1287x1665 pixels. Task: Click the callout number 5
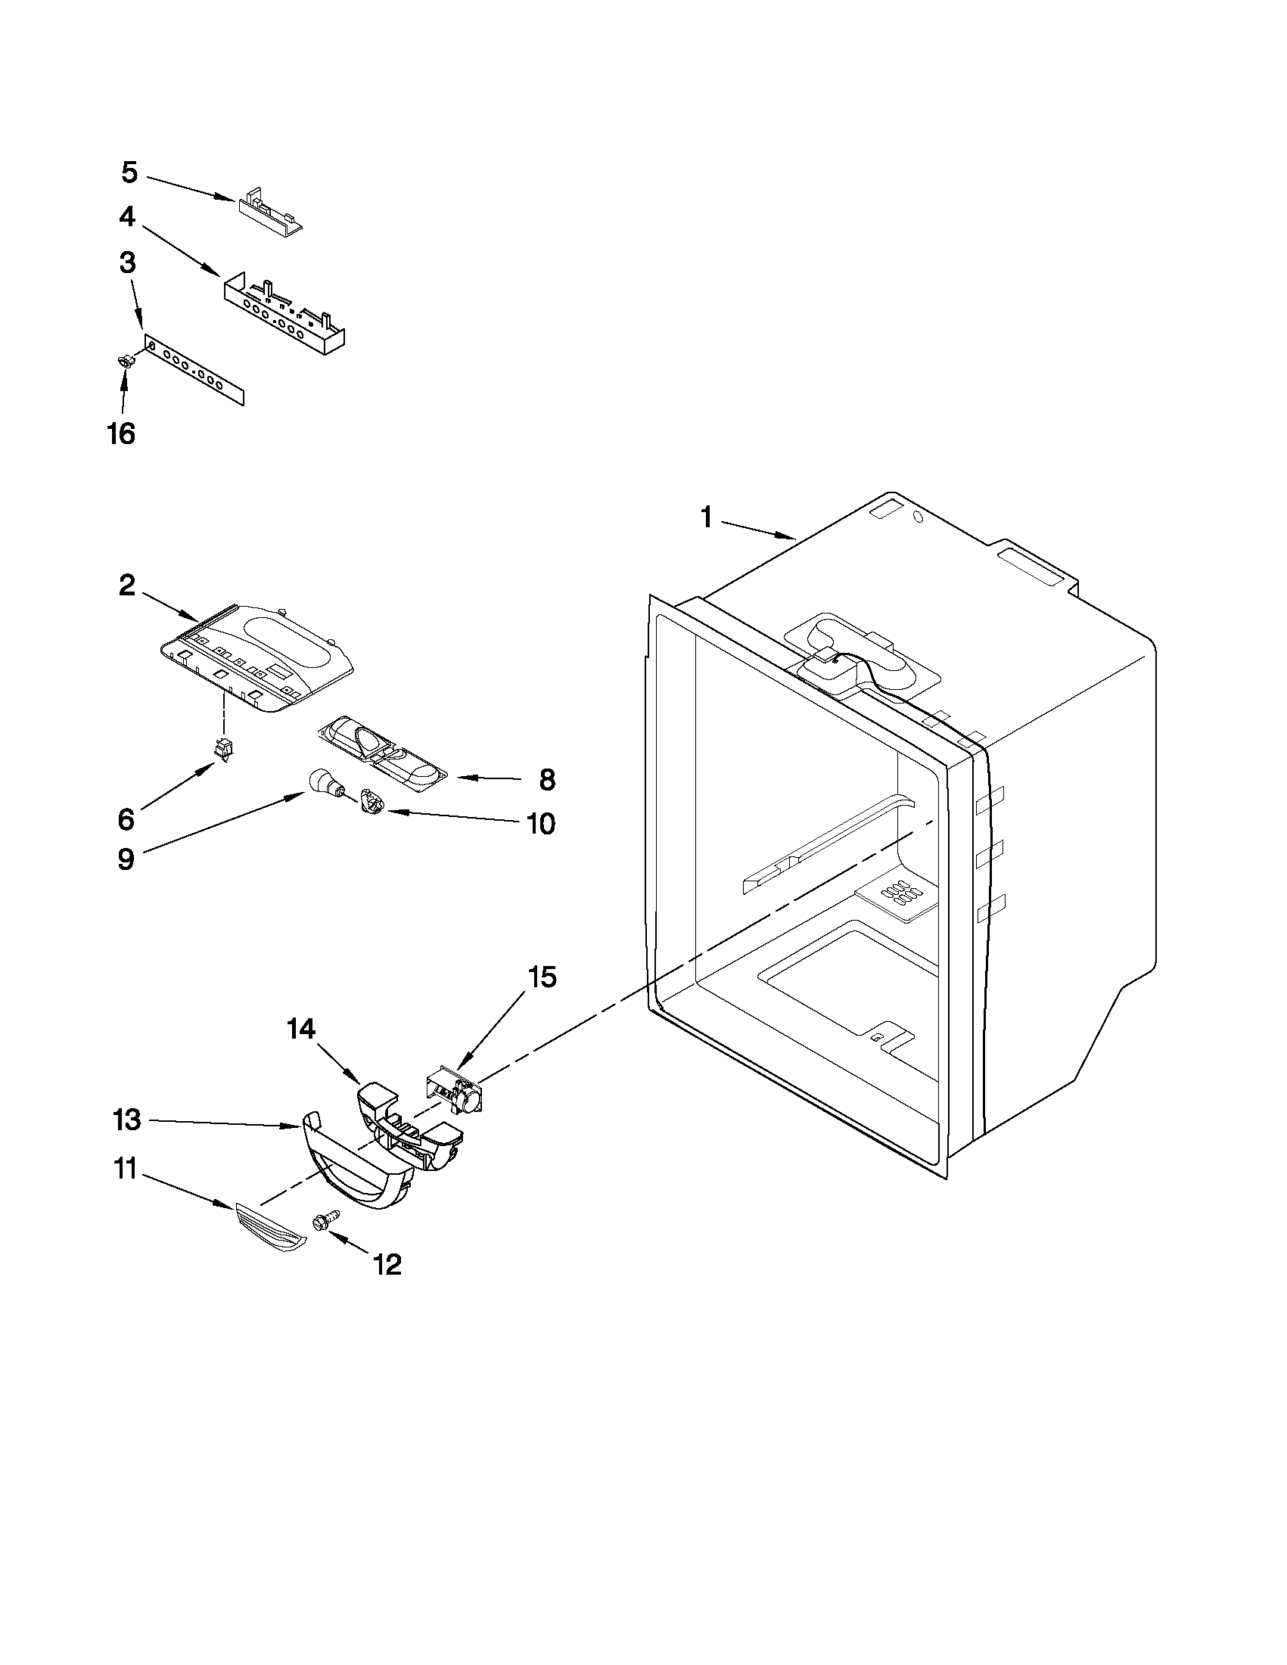[129, 173]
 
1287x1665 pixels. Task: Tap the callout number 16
[121, 433]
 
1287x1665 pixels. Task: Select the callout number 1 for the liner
[706, 518]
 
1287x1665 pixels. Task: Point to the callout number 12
[387, 1265]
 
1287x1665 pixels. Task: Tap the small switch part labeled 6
[223, 752]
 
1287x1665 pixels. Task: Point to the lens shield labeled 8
[385, 750]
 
